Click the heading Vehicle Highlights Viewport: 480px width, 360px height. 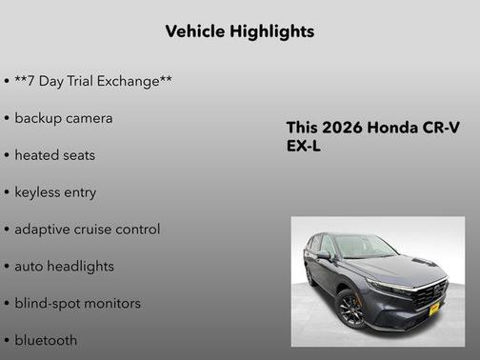click(239, 32)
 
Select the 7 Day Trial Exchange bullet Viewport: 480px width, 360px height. click(92, 82)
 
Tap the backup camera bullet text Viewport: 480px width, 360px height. click(63, 118)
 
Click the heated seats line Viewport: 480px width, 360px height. click(54, 155)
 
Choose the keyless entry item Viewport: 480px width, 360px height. click(55, 192)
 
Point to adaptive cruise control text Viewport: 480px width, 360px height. click(87, 230)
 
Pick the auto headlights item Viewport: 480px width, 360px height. click(64, 267)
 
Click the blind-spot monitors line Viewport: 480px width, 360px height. click(77, 304)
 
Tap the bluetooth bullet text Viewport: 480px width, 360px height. click(46, 340)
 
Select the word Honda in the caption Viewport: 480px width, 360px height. click(393, 128)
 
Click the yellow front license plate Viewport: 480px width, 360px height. click(433, 307)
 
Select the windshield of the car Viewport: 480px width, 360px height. click(363, 247)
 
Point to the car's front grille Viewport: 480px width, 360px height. click(430, 291)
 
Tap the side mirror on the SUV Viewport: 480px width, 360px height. click(325, 255)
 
